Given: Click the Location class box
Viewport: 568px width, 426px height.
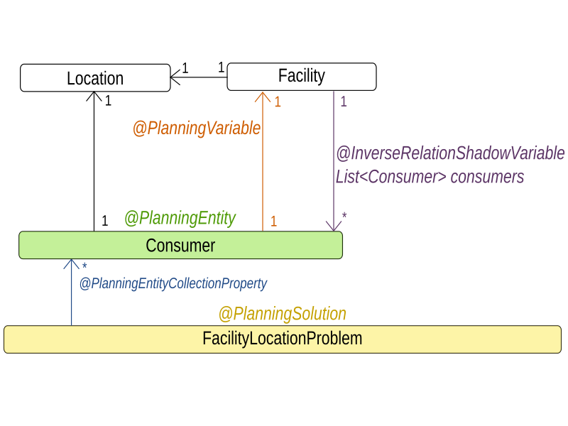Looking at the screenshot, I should tap(95, 78).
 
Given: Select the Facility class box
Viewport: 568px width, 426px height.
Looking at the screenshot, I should tap(301, 77).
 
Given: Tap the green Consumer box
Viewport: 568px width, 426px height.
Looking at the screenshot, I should tap(180, 246).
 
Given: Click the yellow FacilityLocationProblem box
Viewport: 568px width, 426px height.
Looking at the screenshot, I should tap(282, 339).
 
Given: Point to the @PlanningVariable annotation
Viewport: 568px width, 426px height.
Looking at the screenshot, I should tap(197, 129).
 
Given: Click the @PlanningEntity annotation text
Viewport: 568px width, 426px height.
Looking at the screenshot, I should tap(180, 219).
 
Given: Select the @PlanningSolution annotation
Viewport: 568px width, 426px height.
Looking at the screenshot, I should tap(282, 314).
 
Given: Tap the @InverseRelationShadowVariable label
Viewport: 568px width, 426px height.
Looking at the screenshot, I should tap(450, 153).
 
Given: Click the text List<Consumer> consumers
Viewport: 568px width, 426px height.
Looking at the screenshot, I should tap(430, 177).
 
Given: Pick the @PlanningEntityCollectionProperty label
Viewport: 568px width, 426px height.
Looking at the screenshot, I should tap(173, 284).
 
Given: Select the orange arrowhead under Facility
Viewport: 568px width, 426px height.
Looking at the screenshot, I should tap(263, 97).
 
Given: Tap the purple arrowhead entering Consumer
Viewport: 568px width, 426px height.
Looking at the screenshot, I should tap(333, 225).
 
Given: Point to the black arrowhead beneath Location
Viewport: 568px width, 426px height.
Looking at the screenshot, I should tap(94, 97).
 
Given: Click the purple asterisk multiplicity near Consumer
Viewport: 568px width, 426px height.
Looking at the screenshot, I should tap(344, 216).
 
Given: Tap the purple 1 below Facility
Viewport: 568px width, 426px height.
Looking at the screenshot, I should tap(344, 102).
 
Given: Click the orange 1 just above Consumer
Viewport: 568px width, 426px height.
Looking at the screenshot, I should tap(273, 222).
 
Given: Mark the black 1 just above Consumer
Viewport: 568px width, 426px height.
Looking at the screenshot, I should tap(104, 222).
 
